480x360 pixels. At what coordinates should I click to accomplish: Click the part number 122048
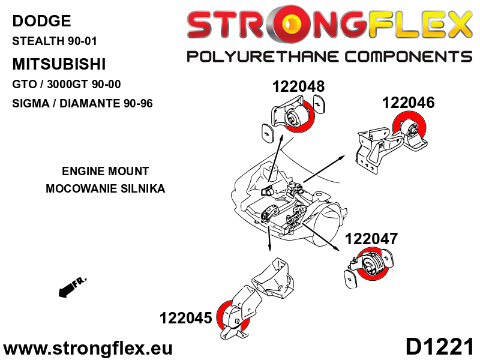pyautogui.click(x=298, y=86)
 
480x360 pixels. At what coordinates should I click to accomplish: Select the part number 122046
pyautogui.click(x=408, y=103)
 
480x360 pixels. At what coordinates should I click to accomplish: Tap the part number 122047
pyautogui.click(x=371, y=239)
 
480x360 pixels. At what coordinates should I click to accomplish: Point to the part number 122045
pyautogui.click(x=185, y=317)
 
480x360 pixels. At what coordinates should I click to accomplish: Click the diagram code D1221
pyautogui.click(x=439, y=347)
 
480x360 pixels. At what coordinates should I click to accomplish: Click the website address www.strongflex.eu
pyautogui.click(x=88, y=348)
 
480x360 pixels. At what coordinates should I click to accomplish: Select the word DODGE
pyautogui.click(x=41, y=22)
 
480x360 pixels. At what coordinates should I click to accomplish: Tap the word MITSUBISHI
pyautogui.click(x=59, y=64)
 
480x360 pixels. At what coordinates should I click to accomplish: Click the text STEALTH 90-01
pyautogui.click(x=55, y=42)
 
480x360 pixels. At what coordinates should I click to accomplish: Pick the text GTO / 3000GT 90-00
pyautogui.click(x=70, y=84)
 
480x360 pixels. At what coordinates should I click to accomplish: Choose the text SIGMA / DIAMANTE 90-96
pyautogui.click(x=82, y=103)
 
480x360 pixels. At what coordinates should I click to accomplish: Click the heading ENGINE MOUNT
pyautogui.click(x=105, y=171)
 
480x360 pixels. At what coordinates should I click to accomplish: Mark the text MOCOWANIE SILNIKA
pyautogui.click(x=105, y=188)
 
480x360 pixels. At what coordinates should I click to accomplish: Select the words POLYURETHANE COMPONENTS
pyautogui.click(x=329, y=57)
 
